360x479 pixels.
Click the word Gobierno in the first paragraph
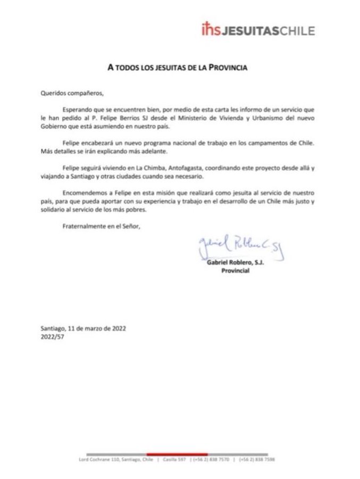[x=54, y=126]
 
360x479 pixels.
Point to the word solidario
[x=54, y=210]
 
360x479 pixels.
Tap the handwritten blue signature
[x=240, y=246]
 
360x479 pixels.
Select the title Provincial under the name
[x=235, y=271]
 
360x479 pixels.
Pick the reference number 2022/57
[x=52, y=336]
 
